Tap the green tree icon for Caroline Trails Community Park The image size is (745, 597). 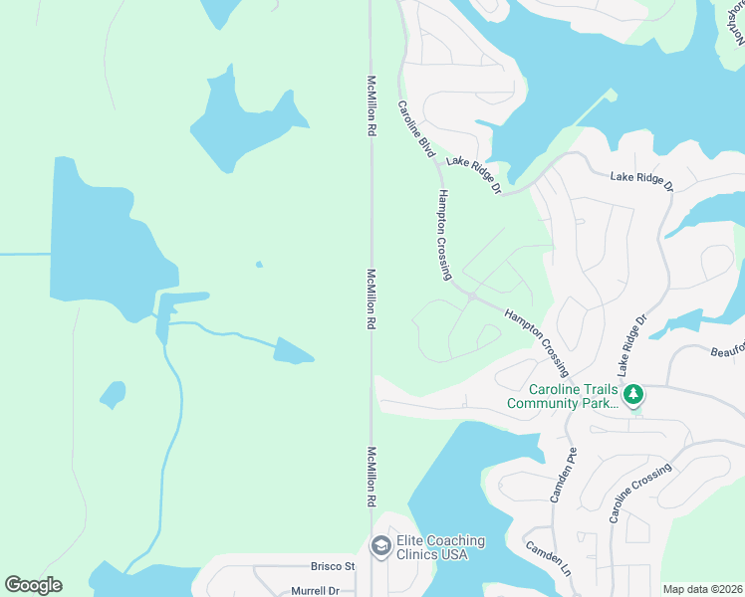[633, 395]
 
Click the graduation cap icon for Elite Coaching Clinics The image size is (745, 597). [379, 546]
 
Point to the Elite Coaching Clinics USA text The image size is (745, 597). [440, 547]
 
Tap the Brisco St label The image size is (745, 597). [333, 566]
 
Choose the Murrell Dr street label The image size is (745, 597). [316, 591]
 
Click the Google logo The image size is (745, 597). [33, 585]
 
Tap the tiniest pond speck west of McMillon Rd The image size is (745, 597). [259, 265]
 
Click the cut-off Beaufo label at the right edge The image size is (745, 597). [727, 350]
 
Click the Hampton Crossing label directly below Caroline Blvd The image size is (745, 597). [444, 235]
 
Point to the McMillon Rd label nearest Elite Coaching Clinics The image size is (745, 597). [372, 479]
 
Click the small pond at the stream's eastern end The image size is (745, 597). [293, 350]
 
